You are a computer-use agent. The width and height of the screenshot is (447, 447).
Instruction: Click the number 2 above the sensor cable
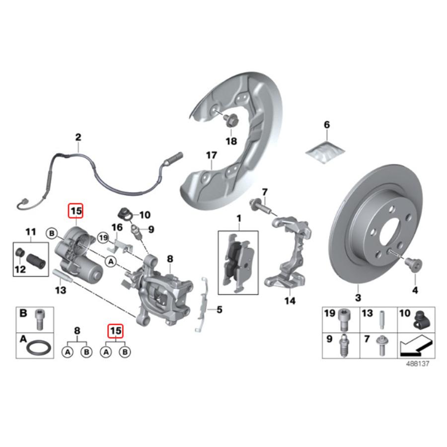tap(78, 137)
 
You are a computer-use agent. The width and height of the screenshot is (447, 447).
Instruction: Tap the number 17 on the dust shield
tap(212, 155)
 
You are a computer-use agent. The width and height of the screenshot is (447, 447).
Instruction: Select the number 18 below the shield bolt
tap(231, 141)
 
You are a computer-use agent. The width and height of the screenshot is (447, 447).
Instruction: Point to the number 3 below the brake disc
tap(358, 298)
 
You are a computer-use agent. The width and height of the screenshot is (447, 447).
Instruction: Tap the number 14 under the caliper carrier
tap(290, 301)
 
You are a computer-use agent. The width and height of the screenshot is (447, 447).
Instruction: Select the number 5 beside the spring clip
tap(219, 311)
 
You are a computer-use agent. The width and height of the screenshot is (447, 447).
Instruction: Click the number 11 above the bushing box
tap(31, 231)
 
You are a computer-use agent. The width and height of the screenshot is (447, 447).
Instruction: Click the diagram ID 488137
tap(418, 363)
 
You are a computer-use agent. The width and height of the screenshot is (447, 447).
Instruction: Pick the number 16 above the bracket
tap(117, 227)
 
